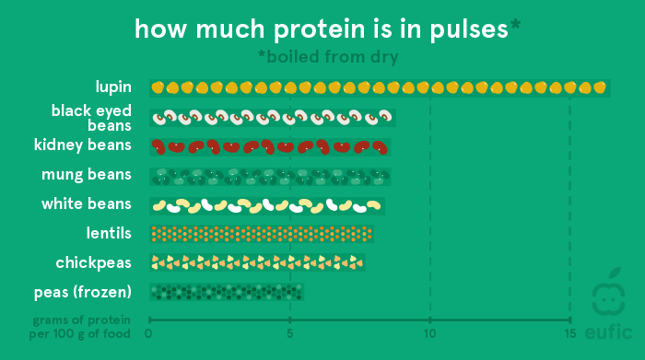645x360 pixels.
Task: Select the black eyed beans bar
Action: point(273,118)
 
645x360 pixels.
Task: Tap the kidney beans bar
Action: point(270,146)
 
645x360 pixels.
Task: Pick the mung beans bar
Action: point(270,175)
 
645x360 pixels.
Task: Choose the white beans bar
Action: point(267,204)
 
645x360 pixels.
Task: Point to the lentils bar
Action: point(262,233)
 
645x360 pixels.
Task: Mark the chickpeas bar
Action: point(257,262)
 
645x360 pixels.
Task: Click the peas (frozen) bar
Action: point(226,292)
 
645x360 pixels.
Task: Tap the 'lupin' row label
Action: point(113,87)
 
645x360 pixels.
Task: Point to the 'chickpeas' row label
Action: point(94,262)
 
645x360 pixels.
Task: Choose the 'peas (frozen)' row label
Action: point(81,292)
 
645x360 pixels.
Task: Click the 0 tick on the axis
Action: point(148,332)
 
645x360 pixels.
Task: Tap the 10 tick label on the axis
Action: point(429,332)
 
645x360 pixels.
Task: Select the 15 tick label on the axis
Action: point(569,332)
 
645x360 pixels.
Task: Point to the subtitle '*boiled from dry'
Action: point(327,57)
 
